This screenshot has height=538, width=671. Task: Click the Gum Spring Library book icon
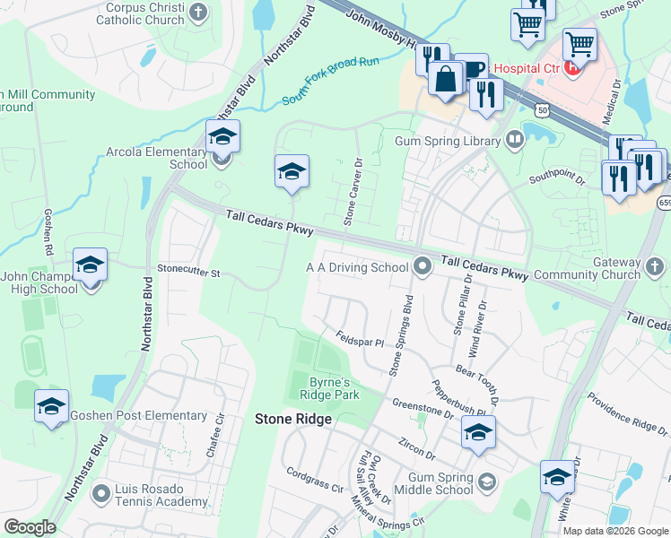coord(514,139)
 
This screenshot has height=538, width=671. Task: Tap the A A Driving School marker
coord(423,266)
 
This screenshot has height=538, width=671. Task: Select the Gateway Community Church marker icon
coord(655,266)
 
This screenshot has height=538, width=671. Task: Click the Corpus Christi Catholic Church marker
coord(199,13)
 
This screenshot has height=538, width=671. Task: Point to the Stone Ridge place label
coord(293,419)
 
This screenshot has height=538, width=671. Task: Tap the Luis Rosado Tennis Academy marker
coord(101,491)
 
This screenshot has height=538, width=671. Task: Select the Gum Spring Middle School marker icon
coord(486,483)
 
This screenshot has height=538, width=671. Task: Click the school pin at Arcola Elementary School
coord(222,138)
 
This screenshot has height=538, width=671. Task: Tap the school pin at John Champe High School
coord(90,266)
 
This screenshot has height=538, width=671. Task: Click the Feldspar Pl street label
coord(360,340)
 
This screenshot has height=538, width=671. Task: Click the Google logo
coord(30,527)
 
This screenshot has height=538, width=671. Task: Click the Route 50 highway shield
coord(542,109)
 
